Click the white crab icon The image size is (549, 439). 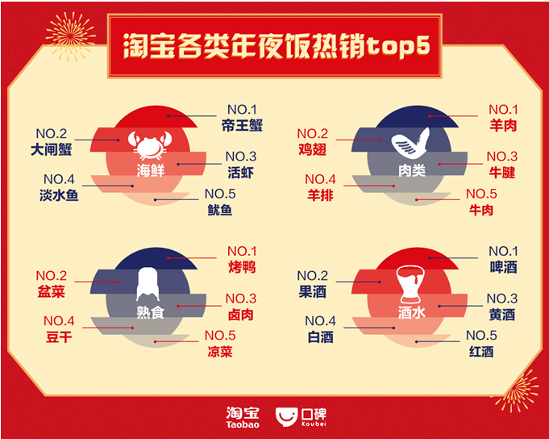click(x=150, y=145)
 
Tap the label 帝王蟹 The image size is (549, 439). click(x=242, y=125)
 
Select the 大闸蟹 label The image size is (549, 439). click(x=51, y=149)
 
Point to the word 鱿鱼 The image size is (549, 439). click(x=220, y=210)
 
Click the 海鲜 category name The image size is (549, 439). click(x=150, y=170)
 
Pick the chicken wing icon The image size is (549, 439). click(x=410, y=144)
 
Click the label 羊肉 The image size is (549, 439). click(x=503, y=125)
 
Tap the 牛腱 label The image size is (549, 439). click(x=502, y=173)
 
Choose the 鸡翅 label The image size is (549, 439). click(x=312, y=149)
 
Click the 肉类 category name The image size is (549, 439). click(x=412, y=170)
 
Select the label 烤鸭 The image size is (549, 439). click(x=242, y=267)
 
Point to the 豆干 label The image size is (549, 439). click(x=59, y=337)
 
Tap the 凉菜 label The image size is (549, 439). click(x=220, y=351)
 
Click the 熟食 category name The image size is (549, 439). click(x=150, y=312)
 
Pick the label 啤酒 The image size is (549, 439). click(x=503, y=267)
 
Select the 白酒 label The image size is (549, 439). click(x=320, y=337)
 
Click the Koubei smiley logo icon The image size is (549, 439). click(x=286, y=416)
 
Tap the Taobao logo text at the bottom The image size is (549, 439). click(x=243, y=417)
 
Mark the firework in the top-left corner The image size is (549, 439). click(x=71, y=36)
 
